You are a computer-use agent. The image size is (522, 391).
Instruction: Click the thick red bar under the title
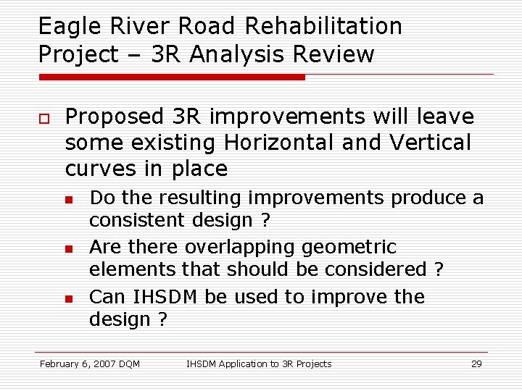pos(172,77)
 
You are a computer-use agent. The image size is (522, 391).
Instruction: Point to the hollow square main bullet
pos(43,119)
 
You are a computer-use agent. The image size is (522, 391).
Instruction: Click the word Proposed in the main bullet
pos(115,117)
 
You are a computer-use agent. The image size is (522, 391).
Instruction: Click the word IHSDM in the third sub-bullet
pos(159,297)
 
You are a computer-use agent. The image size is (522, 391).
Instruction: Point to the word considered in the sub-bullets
pos(377,269)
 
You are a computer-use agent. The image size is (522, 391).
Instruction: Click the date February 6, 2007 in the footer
pos(78,363)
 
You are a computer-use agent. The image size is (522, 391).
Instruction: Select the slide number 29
pos(476,363)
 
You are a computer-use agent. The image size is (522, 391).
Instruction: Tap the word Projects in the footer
pos(312,363)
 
